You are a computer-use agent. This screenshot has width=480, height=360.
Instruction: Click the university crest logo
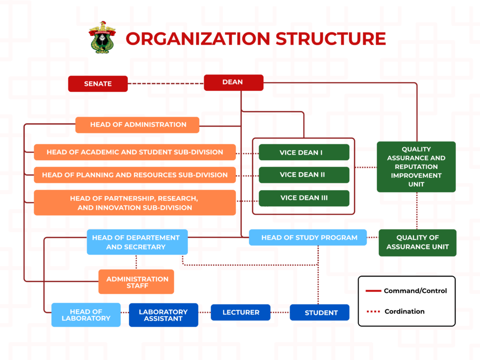tap(102, 37)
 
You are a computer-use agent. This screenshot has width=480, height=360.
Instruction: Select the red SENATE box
tap(98, 84)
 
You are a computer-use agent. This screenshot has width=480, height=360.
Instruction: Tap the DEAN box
tap(233, 82)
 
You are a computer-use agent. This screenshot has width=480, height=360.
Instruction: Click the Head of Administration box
tap(137, 125)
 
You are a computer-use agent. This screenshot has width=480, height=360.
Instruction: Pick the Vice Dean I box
tap(304, 152)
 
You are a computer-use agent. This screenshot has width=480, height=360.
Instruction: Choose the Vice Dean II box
tap(304, 175)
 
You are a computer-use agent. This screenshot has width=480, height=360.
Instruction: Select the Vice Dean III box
tap(304, 198)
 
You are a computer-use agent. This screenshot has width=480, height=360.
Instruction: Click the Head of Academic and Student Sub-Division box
tap(135, 152)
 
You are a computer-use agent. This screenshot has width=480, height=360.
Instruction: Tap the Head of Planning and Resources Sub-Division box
tap(135, 175)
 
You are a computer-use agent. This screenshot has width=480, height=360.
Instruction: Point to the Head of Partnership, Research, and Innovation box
tap(135, 202)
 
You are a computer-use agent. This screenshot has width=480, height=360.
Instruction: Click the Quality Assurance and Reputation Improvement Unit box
tap(416, 167)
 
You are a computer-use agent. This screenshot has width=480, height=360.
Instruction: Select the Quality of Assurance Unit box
tap(417, 242)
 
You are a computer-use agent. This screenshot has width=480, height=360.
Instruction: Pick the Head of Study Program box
tap(309, 238)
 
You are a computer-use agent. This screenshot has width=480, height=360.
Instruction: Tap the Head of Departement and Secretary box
tap(137, 242)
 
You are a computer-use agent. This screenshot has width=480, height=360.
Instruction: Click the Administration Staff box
tap(136, 282)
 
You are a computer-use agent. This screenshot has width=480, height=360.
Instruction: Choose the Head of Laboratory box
tap(86, 315)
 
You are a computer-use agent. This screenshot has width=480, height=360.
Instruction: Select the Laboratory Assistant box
tap(163, 315)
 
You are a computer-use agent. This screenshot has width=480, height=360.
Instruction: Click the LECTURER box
tap(240, 312)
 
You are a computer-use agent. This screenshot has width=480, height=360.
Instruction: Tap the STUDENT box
tap(320, 313)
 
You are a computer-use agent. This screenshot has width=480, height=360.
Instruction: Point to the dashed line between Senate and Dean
tap(165, 84)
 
